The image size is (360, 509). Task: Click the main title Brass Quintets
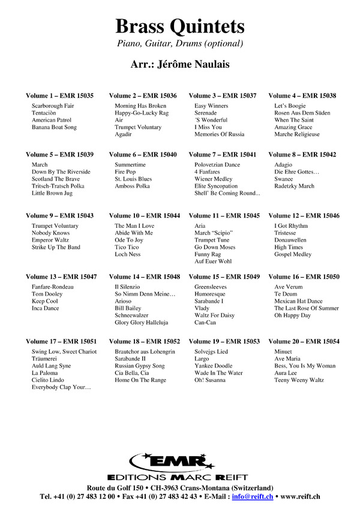[x=180, y=26]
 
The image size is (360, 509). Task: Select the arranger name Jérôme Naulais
[x=179, y=64]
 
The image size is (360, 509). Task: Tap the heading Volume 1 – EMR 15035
[x=59, y=96]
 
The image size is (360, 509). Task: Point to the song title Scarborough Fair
[x=53, y=106]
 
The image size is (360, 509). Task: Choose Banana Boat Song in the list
[x=54, y=127]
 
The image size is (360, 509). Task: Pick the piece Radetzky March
[x=294, y=186]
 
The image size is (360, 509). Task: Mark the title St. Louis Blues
[x=133, y=179]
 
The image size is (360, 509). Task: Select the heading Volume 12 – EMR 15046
[x=304, y=215]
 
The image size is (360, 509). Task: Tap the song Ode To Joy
[x=129, y=240]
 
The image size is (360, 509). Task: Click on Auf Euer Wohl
[x=212, y=261]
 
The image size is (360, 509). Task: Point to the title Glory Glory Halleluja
[x=141, y=322]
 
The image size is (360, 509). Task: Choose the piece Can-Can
[x=205, y=322]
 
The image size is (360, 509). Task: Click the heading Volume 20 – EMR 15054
[x=304, y=342]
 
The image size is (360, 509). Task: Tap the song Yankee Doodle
[x=213, y=366]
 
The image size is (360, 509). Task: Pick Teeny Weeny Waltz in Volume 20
[x=299, y=380]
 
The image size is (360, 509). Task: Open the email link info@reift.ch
[x=252, y=496]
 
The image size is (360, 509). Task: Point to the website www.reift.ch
[x=299, y=496]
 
